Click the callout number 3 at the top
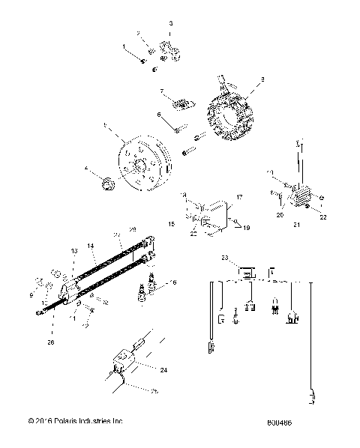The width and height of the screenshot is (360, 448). [x=171, y=24]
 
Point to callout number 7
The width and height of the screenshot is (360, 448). [x=160, y=91]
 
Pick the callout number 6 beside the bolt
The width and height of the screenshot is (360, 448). [x=158, y=115]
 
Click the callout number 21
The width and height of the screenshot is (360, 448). [x=296, y=225]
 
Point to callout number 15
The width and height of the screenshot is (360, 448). [x=171, y=224]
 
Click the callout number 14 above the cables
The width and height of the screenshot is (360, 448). [x=89, y=245]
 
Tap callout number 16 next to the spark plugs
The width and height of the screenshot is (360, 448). [x=174, y=282]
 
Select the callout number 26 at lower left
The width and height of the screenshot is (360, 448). [x=50, y=344]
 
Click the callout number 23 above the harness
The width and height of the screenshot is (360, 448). [x=225, y=257]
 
